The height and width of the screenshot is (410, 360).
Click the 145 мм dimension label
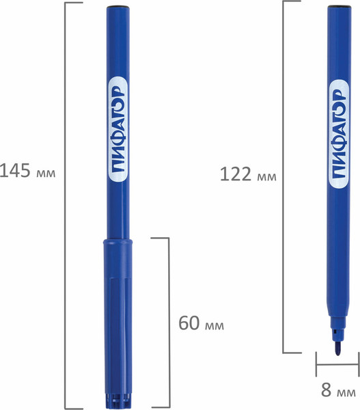point(27,172)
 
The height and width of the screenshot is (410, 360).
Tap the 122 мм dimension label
point(248,174)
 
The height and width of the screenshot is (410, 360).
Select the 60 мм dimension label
point(201,323)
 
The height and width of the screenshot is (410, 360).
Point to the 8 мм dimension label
point(338,390)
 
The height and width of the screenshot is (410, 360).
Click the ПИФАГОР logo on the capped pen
point(118,129)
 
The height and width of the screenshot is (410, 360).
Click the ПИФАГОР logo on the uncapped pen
point(339,133)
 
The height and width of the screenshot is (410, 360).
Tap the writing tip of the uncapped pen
point(338,350)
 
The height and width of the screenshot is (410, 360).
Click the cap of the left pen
point(117,324)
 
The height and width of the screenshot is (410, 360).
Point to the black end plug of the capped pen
point(118,7)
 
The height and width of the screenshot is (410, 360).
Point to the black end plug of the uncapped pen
point(340,6)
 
